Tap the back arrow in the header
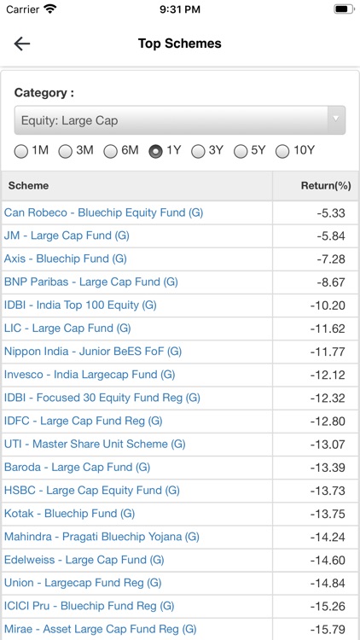[x=22, y=44]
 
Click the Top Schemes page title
[x=179, y=44]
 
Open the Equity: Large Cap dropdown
[x=179, y=120]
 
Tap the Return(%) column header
[x=325, y=185]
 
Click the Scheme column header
[x=28, y=185]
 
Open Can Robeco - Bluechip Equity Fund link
[x=103, y=212]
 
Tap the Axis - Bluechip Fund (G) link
[x=66, y=259]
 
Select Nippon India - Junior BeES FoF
[x=93, y=351]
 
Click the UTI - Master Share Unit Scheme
[x=95, y=444]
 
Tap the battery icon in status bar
[x=344, y=9]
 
